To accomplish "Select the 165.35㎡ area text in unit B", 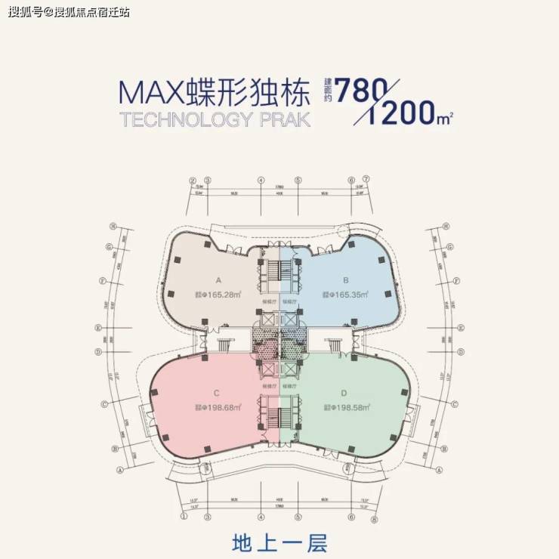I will [x=346, y=295].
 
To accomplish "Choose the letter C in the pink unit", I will [x=217, y=392].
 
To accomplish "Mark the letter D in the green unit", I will [x=344, y=392].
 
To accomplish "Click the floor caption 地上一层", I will [x=279, y=542].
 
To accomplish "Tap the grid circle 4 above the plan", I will [x=260, y=181].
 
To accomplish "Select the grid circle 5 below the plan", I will [x=298, y=517].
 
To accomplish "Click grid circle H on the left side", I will [x=112, y=226].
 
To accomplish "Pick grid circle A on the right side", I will [x=439, y=469].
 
